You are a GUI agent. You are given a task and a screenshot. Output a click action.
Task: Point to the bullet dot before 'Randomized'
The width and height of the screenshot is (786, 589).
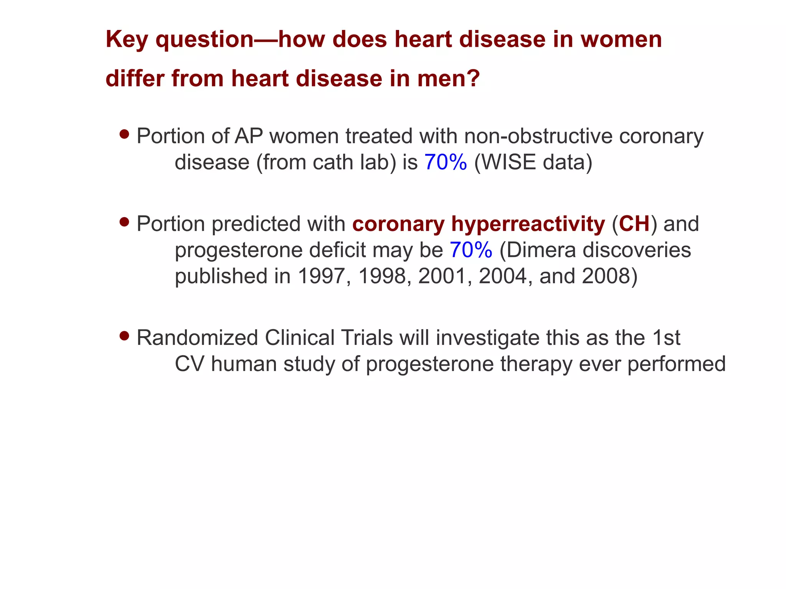click(x=124, y=336)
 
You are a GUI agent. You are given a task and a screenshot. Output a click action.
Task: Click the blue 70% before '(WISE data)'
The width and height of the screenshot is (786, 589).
click(x=446, y=162)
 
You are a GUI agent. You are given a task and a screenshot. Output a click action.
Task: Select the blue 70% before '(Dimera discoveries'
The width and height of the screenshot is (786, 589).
click(x=471, y=250)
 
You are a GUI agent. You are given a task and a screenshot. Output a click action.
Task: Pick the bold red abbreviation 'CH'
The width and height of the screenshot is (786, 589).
click(x=634, y=224)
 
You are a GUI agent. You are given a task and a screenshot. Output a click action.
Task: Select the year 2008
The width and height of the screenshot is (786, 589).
click(x=605, y=276)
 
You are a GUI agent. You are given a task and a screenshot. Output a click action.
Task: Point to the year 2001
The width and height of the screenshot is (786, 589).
click(x=442, y=276)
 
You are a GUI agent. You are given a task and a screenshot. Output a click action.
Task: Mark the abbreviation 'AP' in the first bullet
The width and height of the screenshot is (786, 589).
click(x=249, y=136)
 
